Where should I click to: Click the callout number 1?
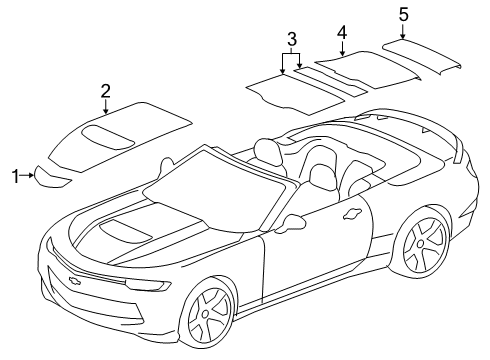click(x=15, y=176)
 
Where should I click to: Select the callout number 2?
click(x=106, y=91)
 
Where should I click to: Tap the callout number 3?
click(x=292, y=40)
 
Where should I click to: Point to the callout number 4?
click(x=342, y=33)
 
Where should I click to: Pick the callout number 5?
click(x=403, y=15)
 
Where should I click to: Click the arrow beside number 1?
click(x=27, y=175)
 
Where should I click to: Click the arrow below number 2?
click(x=106, y=107)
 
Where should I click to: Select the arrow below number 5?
click(x=403, y=31)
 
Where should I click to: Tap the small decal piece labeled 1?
click(x=51, y=178)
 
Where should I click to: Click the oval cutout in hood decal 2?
click(x=108, y=137)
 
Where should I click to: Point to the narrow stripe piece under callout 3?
click(x=330, y=82)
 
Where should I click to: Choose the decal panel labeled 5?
click(x=421, y=56)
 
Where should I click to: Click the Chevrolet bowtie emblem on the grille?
click(x=74, y=280)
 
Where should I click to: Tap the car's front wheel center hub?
click(x=205, y=313)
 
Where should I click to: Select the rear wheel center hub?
click(x=421, y=243)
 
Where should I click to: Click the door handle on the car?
click(x=353, y=213)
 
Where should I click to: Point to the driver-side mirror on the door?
click(x=291, y=223)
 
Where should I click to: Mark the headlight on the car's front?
click(x=148, y=285)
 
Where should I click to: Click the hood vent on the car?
click(x=126, y=231)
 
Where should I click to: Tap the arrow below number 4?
click(x=342, y=48)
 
